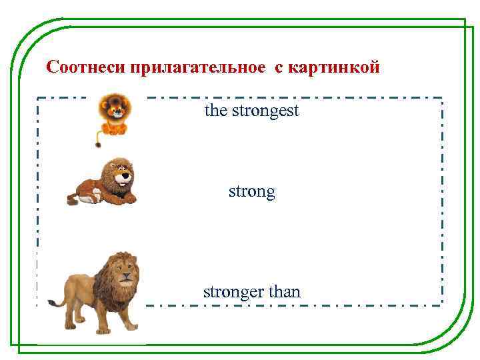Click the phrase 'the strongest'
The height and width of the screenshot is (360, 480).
click(x=251, y=110)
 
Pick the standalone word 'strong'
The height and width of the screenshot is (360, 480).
click(x=251, y=192)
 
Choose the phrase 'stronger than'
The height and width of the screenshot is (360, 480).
click(x=251, y=291)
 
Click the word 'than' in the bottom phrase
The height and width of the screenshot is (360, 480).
click(x=284, y=291)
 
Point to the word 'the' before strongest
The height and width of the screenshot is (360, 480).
click(x=216, y=110)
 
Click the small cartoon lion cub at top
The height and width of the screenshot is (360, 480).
click(x=114, y=115)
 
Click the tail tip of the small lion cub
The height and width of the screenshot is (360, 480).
click(x=99, y=144)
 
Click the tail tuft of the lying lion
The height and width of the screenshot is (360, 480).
click(x=71, y=198)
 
